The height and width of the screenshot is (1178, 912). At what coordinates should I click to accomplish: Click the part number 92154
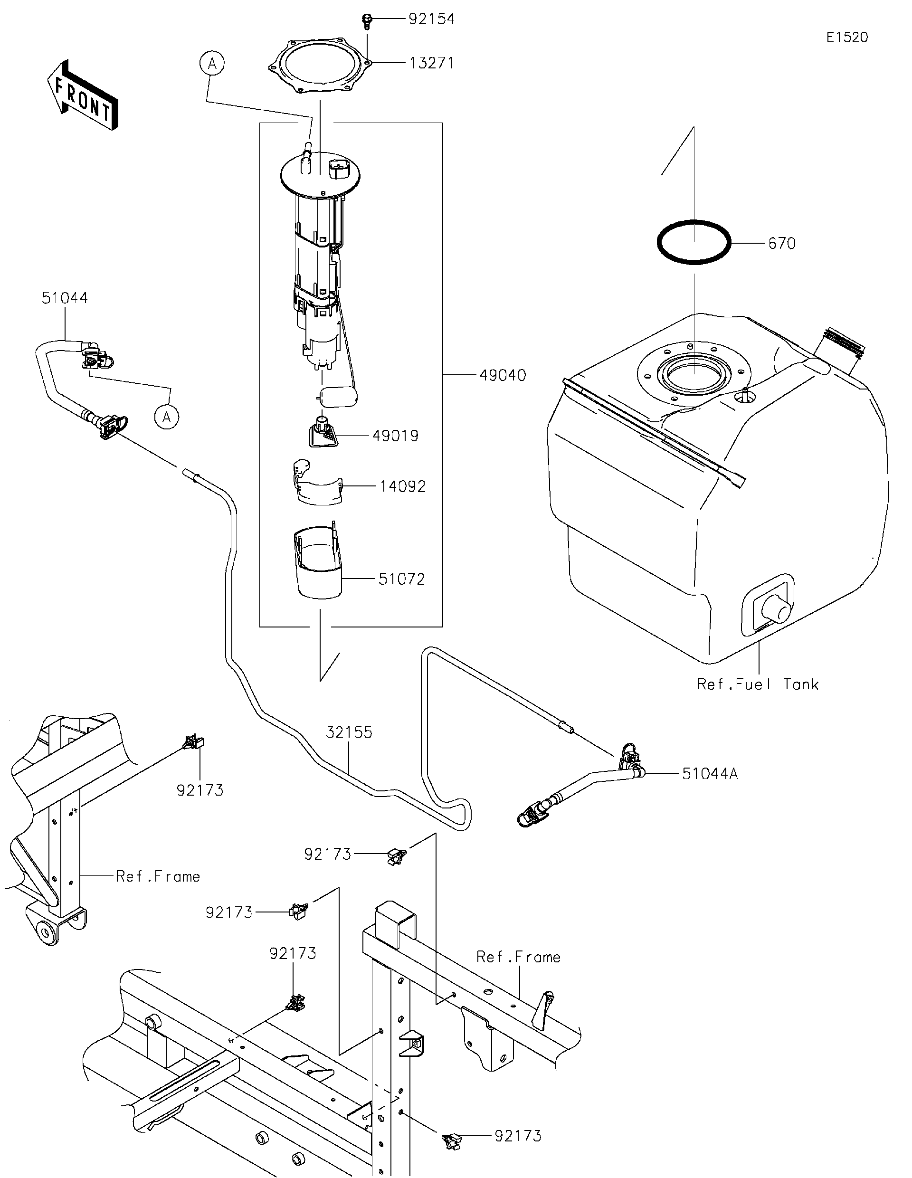431,19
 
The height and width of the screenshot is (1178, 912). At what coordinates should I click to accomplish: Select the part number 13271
431,63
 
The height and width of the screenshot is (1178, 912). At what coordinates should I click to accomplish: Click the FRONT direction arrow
83,95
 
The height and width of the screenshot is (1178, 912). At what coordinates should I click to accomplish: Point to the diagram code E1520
847,37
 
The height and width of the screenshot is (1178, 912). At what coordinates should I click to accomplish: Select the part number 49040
502,375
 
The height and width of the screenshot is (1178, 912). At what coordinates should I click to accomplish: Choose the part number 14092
402,486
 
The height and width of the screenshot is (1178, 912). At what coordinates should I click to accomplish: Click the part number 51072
401,579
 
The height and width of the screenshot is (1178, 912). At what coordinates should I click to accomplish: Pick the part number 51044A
709,774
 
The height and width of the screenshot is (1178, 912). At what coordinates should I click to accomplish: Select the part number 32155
349,732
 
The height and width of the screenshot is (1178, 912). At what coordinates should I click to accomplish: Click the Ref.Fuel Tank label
757,684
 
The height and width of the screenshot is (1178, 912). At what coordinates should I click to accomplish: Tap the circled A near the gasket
212,64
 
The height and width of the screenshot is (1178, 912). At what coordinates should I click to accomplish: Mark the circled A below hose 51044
167,417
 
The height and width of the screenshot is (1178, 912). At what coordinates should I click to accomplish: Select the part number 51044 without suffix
65,298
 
